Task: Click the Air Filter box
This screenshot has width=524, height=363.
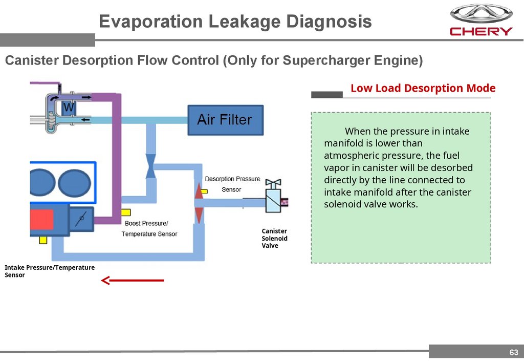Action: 225,120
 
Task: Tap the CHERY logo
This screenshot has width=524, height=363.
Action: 481,20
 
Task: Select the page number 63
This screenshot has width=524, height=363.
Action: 513,352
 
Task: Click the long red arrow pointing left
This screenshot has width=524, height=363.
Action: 133,281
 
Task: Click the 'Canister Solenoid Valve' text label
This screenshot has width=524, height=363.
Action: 274,239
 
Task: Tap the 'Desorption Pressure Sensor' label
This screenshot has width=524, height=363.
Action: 232,184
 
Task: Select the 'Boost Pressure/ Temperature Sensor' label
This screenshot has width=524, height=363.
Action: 149,228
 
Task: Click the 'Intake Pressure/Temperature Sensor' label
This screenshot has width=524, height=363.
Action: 50,271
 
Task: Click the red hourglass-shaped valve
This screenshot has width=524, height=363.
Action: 199,203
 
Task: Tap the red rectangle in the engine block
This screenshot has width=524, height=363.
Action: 41,220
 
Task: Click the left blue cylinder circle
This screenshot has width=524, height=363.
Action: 42,182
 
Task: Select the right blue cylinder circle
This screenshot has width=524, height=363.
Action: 75,182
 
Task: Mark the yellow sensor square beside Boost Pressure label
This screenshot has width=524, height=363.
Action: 124,212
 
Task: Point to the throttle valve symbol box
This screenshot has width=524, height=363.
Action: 81,220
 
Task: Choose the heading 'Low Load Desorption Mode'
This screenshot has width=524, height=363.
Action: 423,88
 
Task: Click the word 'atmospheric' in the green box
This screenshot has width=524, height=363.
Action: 349,156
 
